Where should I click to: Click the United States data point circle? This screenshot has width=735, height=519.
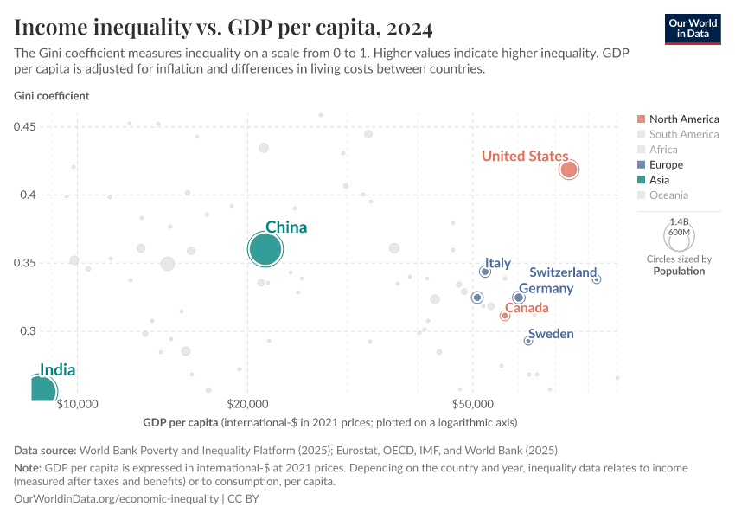568,170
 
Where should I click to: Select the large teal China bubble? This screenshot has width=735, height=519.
265,250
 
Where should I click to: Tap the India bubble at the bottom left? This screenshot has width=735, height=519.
39,391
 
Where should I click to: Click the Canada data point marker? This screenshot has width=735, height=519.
504,316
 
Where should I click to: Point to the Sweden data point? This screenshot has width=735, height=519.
528,341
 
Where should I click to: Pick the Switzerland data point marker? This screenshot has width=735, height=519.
597,279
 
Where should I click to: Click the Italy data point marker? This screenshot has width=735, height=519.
485,272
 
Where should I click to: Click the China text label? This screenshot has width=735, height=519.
285,227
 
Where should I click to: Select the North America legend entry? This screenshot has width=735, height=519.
683,119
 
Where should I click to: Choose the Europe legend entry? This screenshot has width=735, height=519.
666,164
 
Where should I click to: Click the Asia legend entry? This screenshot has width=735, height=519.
659,180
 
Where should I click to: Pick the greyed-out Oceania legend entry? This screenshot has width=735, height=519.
668,195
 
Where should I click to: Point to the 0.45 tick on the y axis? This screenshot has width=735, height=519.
24,127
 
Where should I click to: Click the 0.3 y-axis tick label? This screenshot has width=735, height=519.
27,331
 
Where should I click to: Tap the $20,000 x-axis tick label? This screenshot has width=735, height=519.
248,404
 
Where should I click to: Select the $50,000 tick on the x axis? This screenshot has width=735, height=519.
472,404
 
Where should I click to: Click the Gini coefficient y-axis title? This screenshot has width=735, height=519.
52,96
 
